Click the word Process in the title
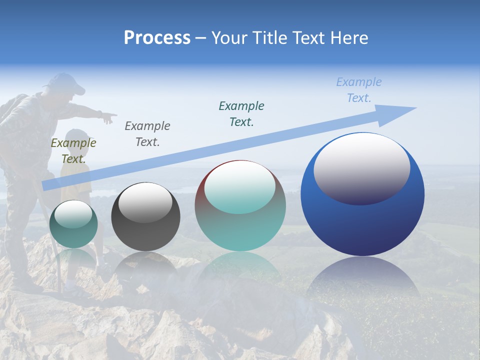pyautogui.click(x=157, y=37)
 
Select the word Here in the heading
pyautogui.click(x=348, y=37)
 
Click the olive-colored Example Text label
pyautogui.click(x=73, y=151)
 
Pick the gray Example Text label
pyautogui.click(x=147, y=133)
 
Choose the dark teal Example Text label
pyautogui.click(x=241, y=113)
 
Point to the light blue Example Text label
pyautogui.click(x=359, y=90)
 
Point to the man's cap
pyautogui.click(x=65, y=82)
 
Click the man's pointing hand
pyautogui.click(x=108, y=118)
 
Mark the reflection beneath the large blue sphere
pyautogui.click(x=362, y=280)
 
